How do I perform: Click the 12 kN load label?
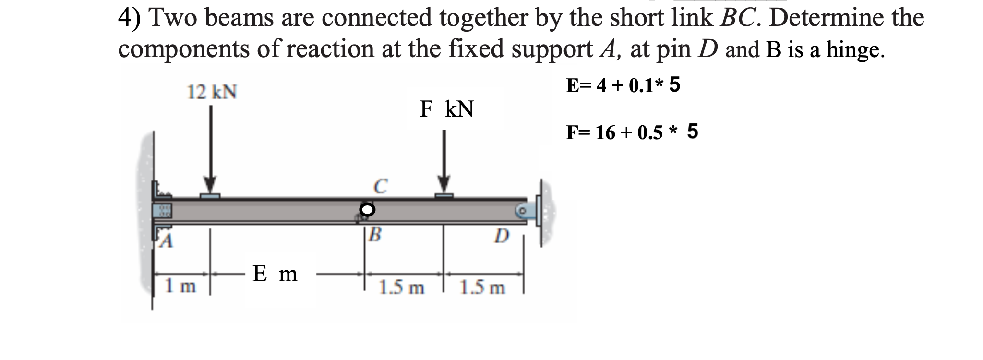coord(212,91)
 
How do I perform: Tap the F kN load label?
coord(446,109)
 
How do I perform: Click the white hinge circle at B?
coord(367,209)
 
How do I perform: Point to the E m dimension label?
coord(275,274)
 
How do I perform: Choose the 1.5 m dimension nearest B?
coord(401,288)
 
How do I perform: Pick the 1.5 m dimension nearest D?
coord(482,288)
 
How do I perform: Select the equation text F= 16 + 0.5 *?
coord(622,132)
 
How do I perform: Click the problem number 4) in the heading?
coord(130,18)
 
